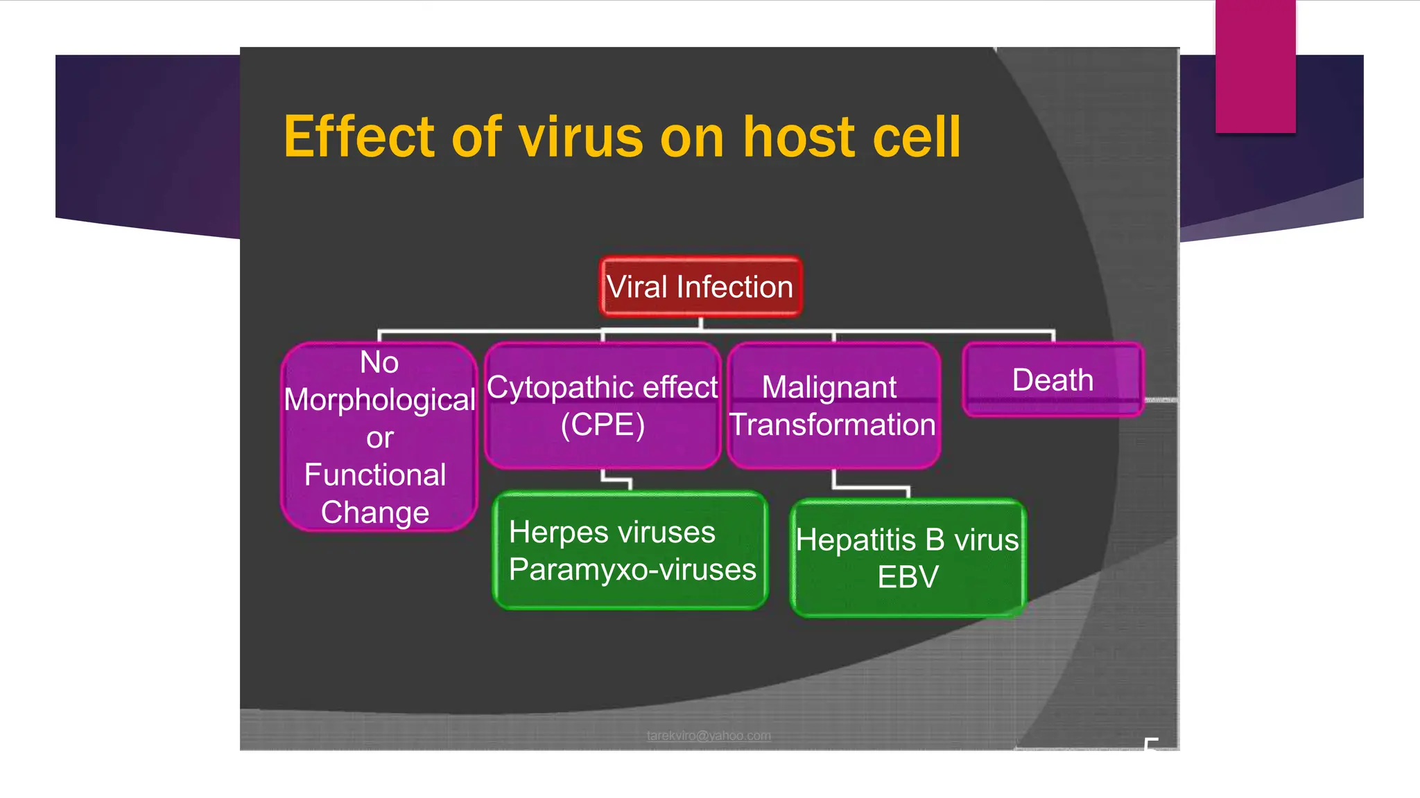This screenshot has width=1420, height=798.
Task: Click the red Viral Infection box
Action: click(700, 287)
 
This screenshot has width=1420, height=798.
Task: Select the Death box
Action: click(1053, 380)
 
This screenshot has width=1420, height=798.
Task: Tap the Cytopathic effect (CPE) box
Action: click(603, 405)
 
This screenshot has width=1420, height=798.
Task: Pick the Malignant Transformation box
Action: click(833, 405)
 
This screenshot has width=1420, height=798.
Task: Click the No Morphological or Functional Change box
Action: click(379, 436)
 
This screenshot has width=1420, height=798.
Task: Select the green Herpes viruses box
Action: click(630, 551)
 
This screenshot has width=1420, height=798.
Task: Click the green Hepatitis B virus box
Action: click(908, 558)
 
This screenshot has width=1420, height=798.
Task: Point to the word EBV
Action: click(908, 577)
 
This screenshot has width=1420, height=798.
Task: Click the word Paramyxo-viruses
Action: click(632, 569)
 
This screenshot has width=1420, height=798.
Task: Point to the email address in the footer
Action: click(709, 736)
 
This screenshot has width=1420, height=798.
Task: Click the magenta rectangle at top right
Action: click(1255, 66)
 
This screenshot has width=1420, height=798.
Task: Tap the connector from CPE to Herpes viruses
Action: click(616, 479)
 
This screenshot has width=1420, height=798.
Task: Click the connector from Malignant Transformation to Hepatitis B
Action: click(871, 488)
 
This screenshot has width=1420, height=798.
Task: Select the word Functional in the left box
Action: click(375, 475)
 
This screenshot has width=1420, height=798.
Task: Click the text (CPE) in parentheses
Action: click(603, 425)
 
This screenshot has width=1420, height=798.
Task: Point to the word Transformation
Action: click(833, 425)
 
